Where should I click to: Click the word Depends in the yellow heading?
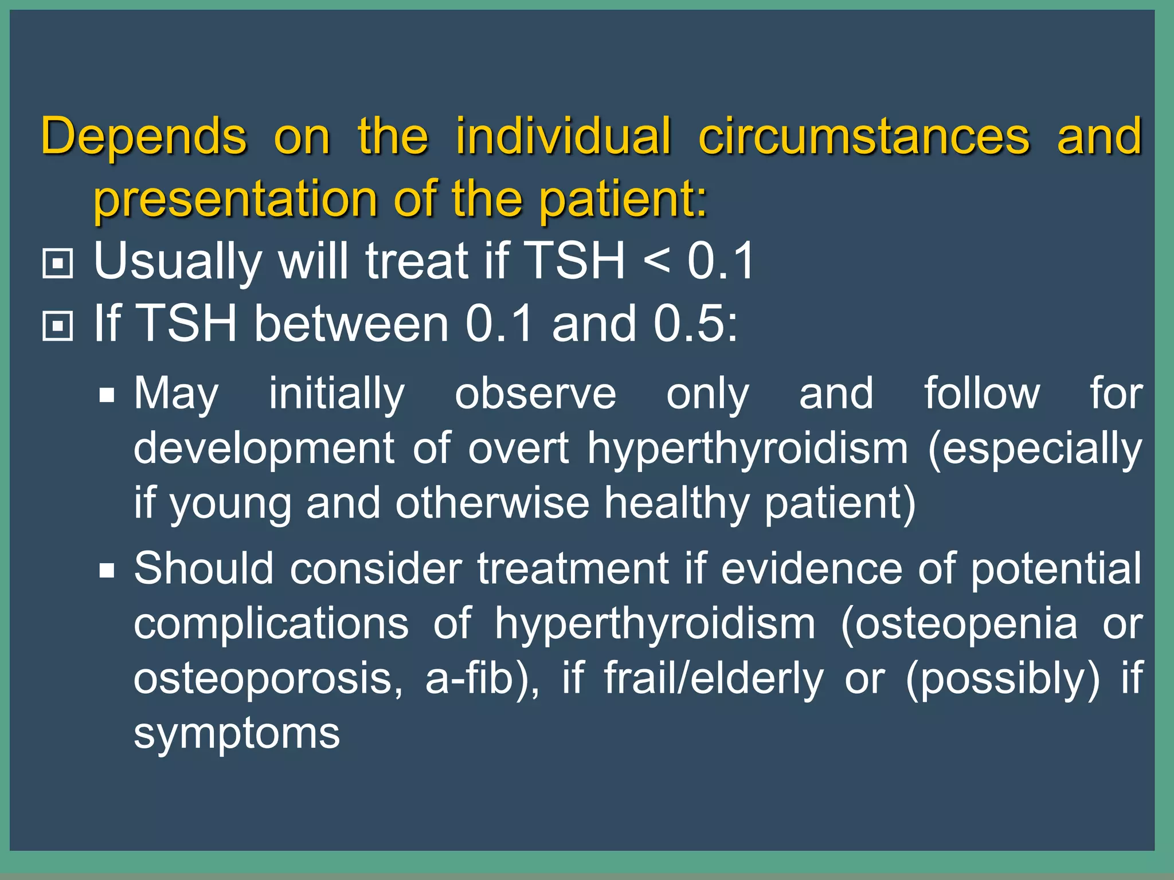tap(143, 137)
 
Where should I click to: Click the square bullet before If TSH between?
tap(57, 326)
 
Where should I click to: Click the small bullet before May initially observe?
tap(107, 395)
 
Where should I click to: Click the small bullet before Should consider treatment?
tap(107, 571)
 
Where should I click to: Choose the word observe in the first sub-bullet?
tap(535, 394)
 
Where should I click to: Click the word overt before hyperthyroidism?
tap(518, 449)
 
